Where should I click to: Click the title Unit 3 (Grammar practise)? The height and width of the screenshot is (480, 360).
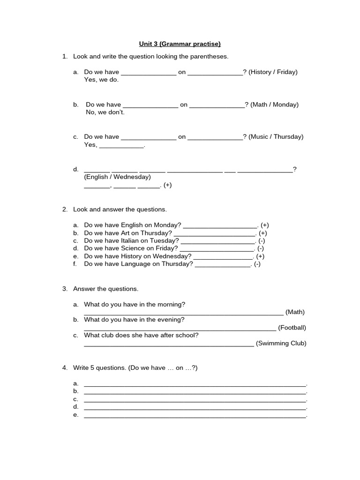click(180, 44)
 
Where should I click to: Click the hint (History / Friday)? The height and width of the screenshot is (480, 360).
click(273, 72)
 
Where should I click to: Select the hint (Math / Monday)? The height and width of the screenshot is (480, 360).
click(274, 105)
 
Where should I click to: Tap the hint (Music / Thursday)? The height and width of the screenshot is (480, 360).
click(276, 137)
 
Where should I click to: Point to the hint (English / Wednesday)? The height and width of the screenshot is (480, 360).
click(117, 177)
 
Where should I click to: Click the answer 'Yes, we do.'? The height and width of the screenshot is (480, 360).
click(101, 80)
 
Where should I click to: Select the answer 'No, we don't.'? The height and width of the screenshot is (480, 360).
click(105, 112)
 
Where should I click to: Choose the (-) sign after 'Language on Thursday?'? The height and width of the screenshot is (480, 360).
click(257, 264)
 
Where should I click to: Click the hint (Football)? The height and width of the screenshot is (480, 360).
click(292, 328)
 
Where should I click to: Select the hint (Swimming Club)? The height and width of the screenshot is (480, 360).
click(281, 343)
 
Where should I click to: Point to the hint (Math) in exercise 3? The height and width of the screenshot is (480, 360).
click(295, 312)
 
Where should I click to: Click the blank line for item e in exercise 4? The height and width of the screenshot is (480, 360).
click(195, 415)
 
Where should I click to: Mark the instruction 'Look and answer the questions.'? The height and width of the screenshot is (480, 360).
click(120, 210)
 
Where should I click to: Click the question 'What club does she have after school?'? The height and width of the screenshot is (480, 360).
click(141, 335)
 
